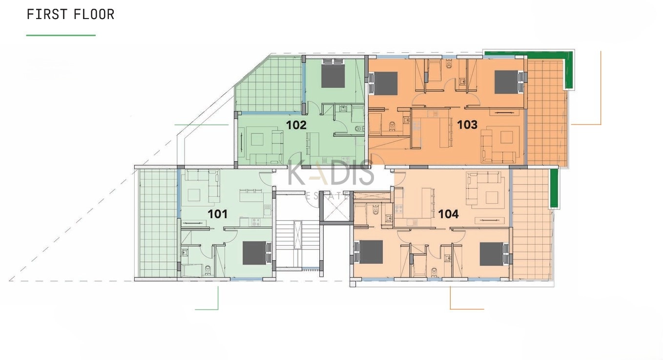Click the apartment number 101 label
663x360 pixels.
tap(218, 214)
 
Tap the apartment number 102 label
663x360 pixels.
tap(296, 125)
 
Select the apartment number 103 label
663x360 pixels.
tap(467, 125)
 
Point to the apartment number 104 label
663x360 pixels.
tap(448, 214)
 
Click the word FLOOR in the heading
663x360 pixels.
tap(94, 14)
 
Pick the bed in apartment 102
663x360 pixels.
tap(333, 73)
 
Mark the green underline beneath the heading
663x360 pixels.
tap(61, 35)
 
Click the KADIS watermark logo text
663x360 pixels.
tap(331, 172)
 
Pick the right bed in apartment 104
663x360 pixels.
tap(494, 254)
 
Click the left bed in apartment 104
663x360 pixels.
tap(369, 252)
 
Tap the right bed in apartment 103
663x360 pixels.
tap(509, 82)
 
